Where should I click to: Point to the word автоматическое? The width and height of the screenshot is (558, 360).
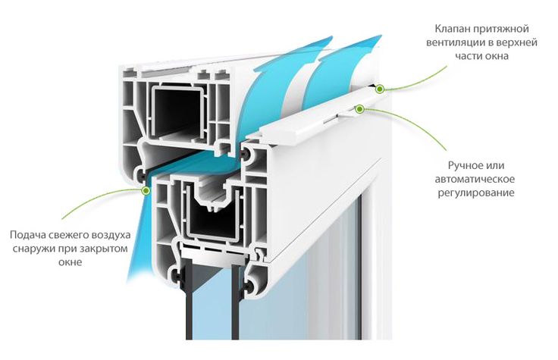point(475,179)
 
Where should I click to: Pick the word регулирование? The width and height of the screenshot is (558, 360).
point(476,193)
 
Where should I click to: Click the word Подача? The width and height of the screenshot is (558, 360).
point(27,235)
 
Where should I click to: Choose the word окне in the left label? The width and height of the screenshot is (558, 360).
point(70,262)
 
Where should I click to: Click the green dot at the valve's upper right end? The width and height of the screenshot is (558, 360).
point(380,89)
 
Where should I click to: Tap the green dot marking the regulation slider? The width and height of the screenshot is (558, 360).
point(360,108)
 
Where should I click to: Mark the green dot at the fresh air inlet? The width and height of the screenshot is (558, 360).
point(146,191)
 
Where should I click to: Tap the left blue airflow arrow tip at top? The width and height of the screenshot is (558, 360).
point(329,39)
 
